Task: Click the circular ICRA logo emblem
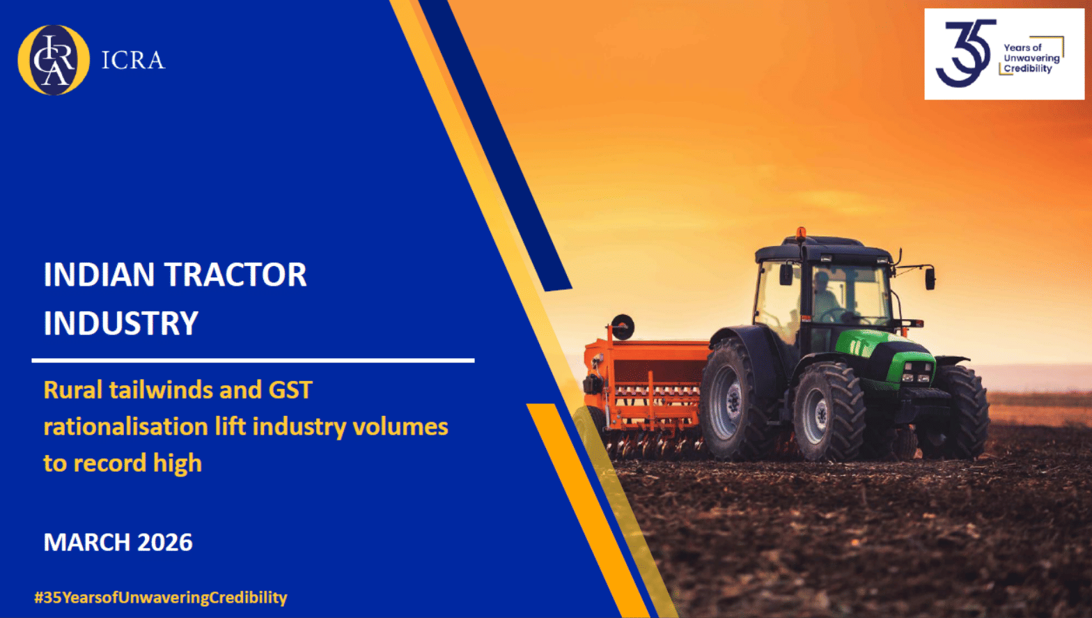54,60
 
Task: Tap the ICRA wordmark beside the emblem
133,61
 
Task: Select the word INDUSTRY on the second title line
121,323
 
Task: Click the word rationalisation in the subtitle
125,426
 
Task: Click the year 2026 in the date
165,542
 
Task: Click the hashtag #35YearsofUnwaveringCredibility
161,597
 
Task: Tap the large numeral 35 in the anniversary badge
965,53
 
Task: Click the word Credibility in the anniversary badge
1028,69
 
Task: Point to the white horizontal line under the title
253,360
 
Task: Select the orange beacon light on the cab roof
801,233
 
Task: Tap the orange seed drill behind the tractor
644,390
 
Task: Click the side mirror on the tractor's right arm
930,278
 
